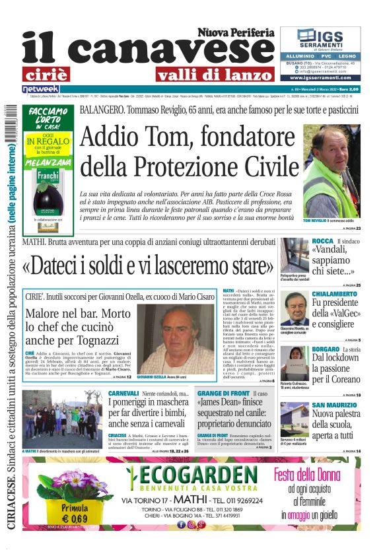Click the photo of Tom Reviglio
point(331,172)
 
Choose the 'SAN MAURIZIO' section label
point(336,405)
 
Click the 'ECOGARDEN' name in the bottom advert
point(191,475)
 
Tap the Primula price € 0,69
point(75,518)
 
